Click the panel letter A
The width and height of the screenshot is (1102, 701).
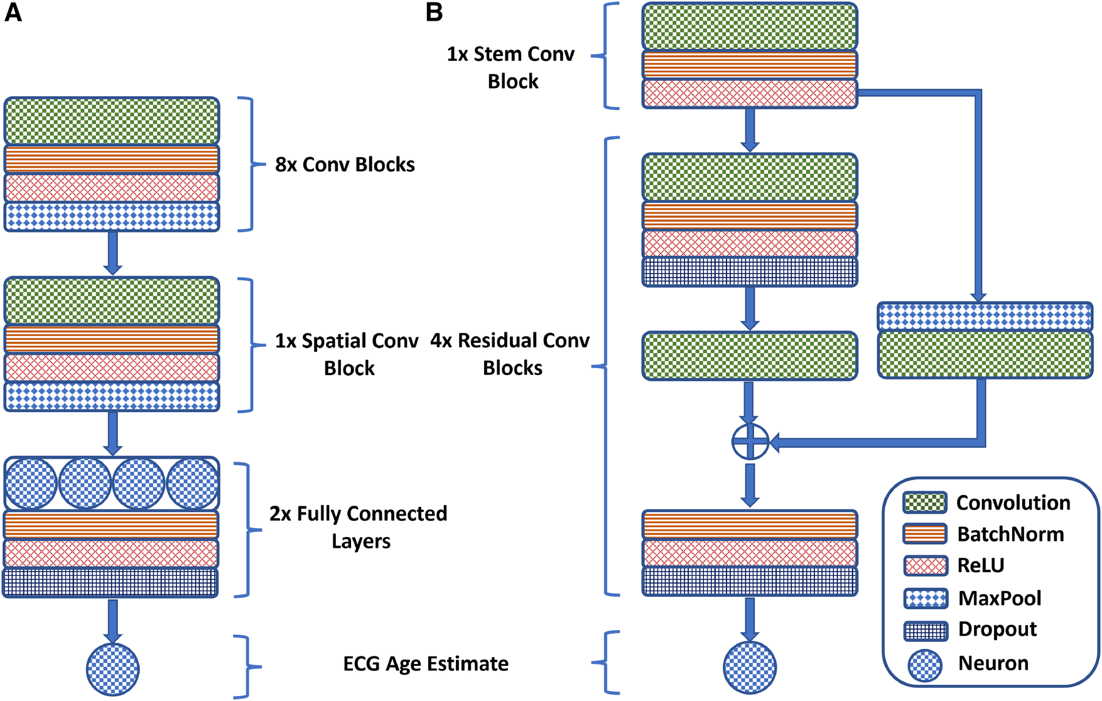click(x=13, y=13)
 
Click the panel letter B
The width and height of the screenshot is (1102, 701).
click(x=434, y=13)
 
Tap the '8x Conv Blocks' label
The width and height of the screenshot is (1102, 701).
click(x=345, y=165)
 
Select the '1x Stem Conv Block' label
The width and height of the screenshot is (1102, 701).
click(x=511, y=67)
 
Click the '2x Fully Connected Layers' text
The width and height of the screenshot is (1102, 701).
click(x=359, y=527)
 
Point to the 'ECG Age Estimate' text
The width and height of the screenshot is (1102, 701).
click(x=426, y=664)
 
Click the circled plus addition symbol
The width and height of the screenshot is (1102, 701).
click(x=750, y=442)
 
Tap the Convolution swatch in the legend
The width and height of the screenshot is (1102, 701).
click(x=924, y=503)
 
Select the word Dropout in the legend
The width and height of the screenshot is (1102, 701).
click(x=997, y=629)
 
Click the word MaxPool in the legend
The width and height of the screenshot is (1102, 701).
click(x=1000, y=598)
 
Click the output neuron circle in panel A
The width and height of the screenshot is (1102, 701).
click(x=112, y=669)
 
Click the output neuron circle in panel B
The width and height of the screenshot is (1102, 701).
click(x=750, y=667)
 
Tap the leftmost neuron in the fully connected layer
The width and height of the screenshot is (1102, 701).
click(x=31, y=484)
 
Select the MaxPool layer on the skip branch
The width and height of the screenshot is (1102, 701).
click(x=984, y=317)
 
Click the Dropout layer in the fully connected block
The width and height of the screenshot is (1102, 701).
click(x=111, y=582)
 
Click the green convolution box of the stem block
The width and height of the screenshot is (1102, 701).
click(x=749, y=26)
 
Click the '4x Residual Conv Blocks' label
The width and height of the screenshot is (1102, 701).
click(x=510, y=354)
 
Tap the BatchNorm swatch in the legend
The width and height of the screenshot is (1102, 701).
click(x=924, y=534)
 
